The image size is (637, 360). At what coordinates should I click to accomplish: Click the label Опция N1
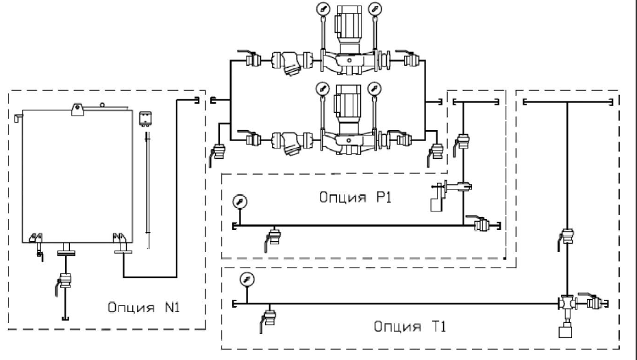[143, 307]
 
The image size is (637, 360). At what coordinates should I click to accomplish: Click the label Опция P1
[355, 197]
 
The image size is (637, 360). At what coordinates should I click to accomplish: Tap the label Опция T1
[410, 326]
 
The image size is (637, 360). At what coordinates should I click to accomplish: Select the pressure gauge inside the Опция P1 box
[240, 202]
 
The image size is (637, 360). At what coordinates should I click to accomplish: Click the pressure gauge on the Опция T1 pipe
[247, 279]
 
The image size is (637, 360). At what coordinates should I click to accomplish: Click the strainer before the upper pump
[292, 63]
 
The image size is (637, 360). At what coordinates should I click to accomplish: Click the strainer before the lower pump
[292, 143]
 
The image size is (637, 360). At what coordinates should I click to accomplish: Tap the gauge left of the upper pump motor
[323, 8]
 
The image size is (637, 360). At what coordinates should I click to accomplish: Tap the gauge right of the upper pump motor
[375, 8]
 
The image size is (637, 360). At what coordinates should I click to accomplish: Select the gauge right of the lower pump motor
[374, 88]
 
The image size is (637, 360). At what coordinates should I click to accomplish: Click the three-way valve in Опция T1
[566, 303]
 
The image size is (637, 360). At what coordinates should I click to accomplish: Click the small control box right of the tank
[145, 118]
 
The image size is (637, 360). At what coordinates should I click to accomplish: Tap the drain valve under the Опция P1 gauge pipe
[273, 238]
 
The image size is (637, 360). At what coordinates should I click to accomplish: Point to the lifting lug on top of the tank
[77, 110]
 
